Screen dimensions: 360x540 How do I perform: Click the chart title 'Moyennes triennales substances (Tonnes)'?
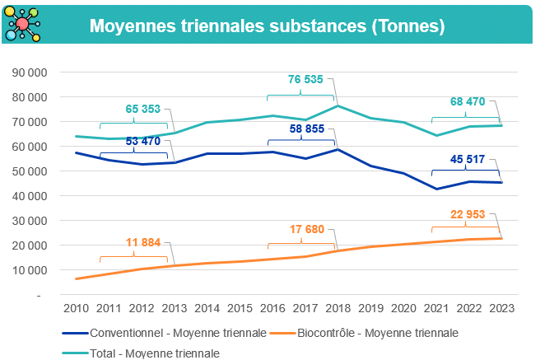(267, 26)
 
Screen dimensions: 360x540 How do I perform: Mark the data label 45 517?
(468, 159)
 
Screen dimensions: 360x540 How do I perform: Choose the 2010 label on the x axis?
(76, 307)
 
